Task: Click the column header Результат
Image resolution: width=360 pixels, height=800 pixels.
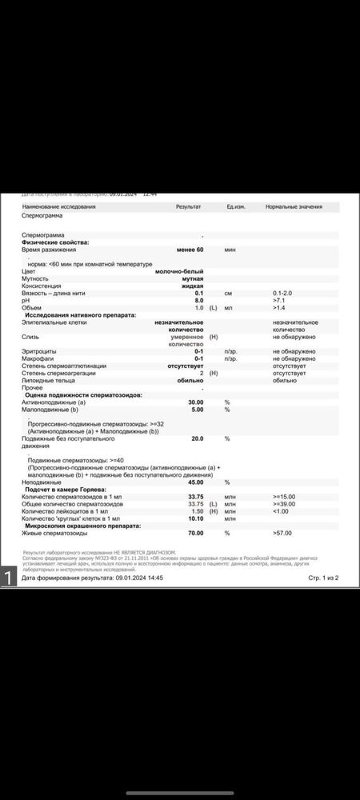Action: tap(189, 206)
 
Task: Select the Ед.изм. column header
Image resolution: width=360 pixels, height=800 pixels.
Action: tap(235, 206)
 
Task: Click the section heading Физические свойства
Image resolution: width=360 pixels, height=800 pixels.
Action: tap(55, 242)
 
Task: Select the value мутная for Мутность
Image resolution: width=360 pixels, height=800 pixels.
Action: tap(192, 278)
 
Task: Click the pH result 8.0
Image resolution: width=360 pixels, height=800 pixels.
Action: tap(198, 300)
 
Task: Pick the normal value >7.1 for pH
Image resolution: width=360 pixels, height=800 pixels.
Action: tap(279, 300)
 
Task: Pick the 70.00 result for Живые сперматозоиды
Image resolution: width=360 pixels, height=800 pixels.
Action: tap(195, 533)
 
